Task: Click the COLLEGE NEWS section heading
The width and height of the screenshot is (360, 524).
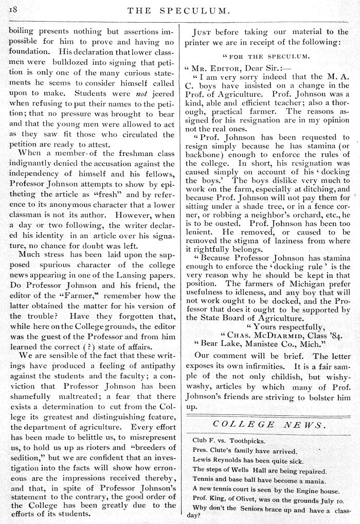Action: point(268,425)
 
